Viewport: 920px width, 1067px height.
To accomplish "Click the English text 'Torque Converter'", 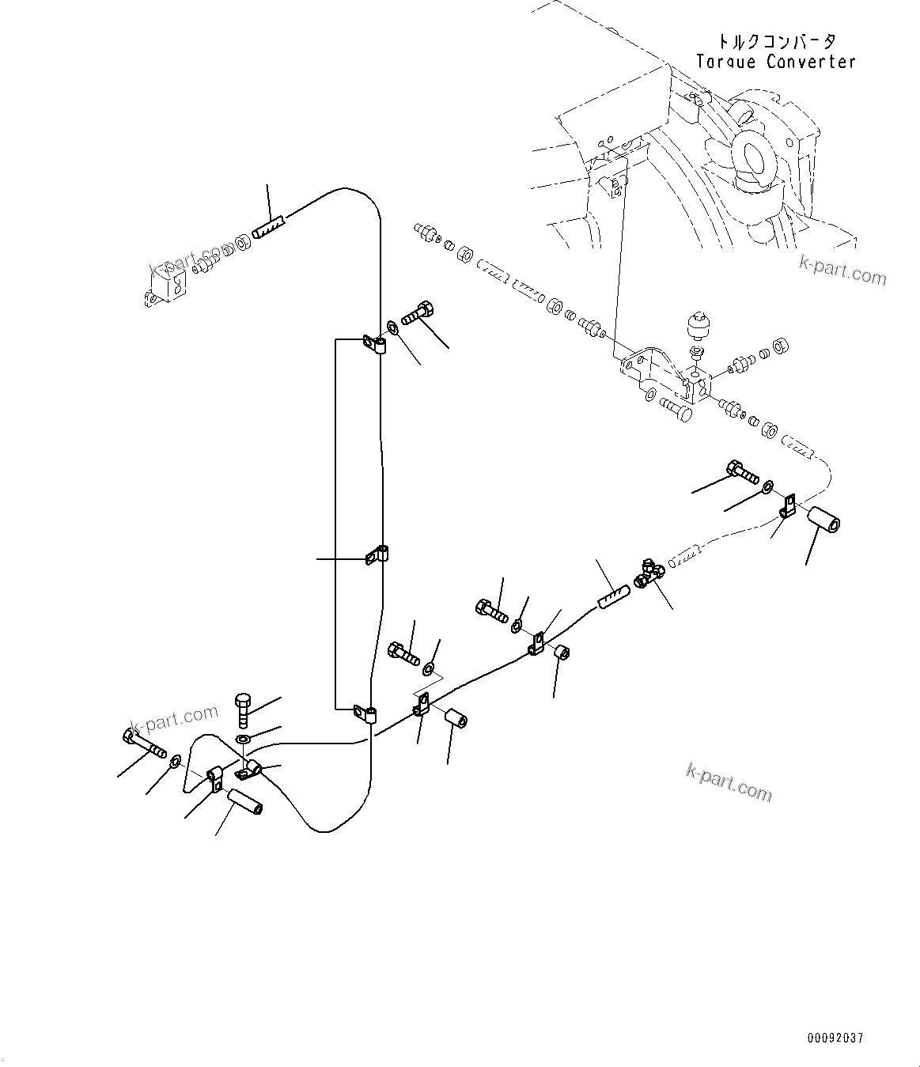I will [775, 62].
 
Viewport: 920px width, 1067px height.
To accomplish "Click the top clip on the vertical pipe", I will [374, 344].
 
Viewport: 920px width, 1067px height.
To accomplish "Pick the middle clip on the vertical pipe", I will [377, 555].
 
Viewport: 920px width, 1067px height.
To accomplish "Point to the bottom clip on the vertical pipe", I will [365, 714].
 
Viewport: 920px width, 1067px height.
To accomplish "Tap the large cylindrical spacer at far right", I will [823, 521].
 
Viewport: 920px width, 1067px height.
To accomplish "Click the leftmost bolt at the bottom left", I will [142, 743].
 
